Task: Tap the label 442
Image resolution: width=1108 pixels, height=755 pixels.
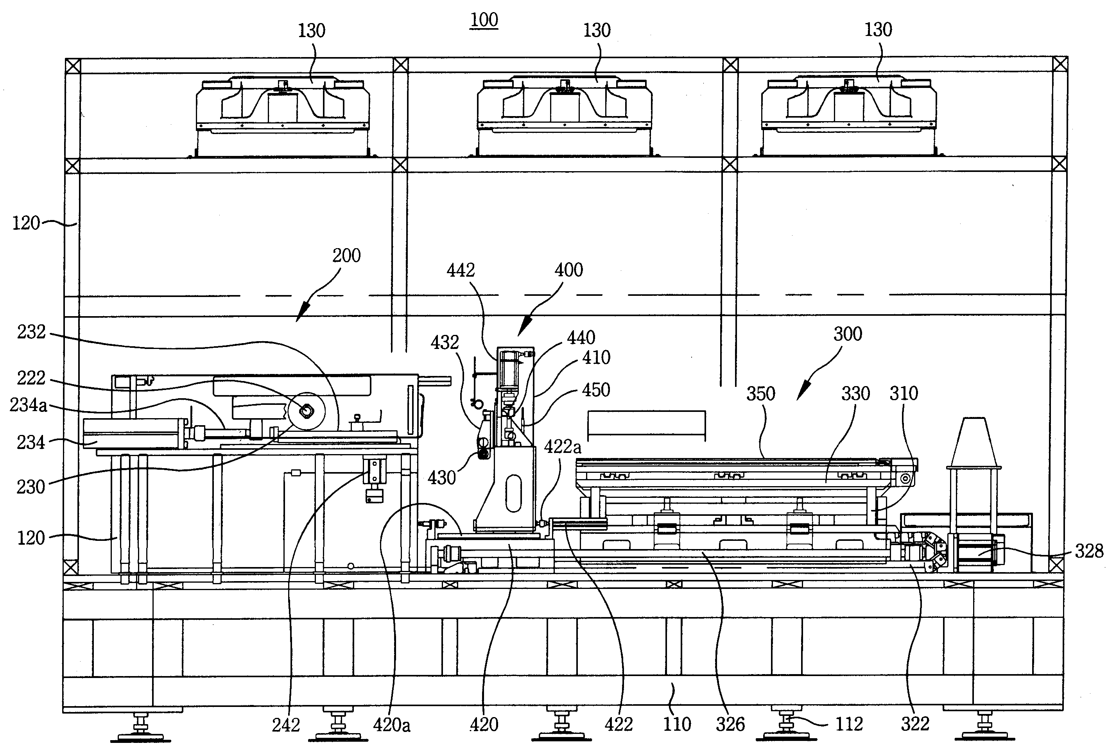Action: click(461, 270)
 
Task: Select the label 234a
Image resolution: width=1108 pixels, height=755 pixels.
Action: click(28, 405)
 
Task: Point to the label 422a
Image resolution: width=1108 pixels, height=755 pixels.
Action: click(563, 447)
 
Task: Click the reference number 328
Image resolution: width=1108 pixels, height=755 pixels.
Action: click(1089, 551)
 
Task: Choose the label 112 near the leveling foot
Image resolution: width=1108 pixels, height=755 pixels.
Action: click(849, 724)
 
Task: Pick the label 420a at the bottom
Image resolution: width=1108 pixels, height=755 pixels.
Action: click(392, 725)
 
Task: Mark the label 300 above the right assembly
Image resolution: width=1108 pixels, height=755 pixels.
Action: click(848, 334)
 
